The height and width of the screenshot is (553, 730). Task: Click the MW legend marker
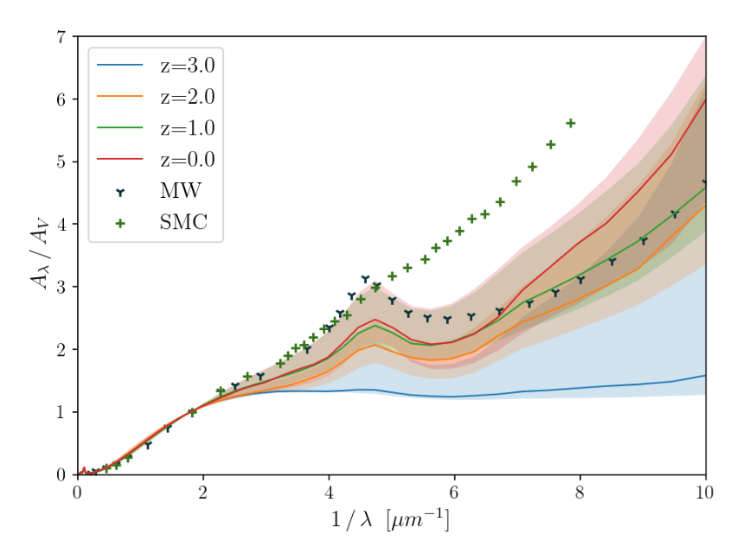coord(119,191)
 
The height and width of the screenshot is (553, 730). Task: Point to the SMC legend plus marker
coord(119,223)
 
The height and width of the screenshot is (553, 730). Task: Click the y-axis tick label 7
coord(61,37)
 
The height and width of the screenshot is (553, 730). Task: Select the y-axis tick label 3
coord(61,287)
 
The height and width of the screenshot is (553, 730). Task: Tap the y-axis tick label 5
coord(61,162)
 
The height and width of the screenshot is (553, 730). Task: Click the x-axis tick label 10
coord(705,493)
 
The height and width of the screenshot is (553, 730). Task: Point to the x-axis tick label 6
coord(454,493)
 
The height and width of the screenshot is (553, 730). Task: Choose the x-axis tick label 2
coord(203,493)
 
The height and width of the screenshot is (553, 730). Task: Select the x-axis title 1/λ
coord(391,521)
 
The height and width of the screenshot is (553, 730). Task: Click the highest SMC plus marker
coord(570,124)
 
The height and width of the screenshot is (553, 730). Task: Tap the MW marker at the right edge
coord(705,183)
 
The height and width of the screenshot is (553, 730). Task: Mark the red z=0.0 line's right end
coord(705,100)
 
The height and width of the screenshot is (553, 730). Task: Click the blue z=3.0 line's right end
coord(705,375)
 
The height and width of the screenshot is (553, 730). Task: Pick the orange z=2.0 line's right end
coord(705,205)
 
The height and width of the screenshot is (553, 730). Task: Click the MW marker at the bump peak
coord(365,279)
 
